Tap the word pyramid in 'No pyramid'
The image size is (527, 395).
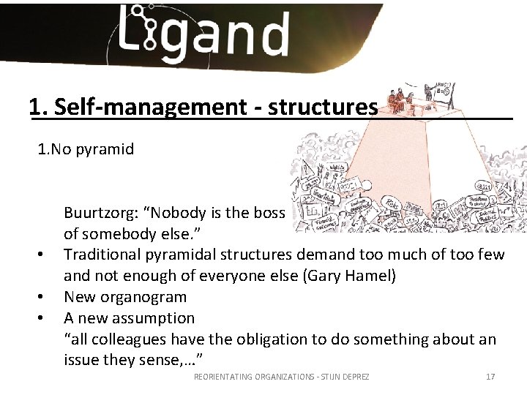pos(108,149)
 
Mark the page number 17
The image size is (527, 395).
pos(490,377)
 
